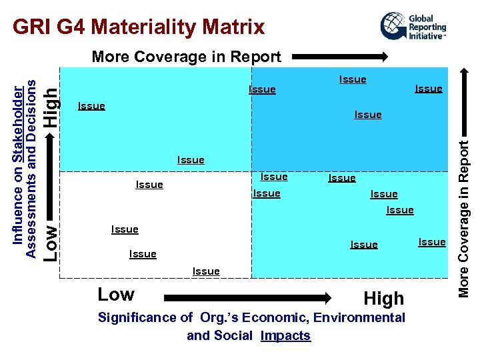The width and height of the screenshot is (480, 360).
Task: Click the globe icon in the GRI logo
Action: tap(393, 26)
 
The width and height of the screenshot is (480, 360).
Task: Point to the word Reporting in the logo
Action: tap(427, 28)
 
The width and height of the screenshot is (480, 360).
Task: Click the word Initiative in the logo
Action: tap(425, 37)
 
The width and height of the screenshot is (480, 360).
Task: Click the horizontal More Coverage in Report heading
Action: tap(186, 57)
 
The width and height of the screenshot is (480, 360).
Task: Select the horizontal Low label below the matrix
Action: tap(115, 294)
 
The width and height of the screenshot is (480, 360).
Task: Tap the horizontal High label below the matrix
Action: tap(383, 299)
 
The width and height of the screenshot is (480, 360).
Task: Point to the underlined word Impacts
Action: tap(285, 335)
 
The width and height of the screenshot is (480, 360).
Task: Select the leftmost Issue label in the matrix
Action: tap(91, 105)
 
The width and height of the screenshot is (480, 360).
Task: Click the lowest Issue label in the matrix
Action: tap(205, 271)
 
